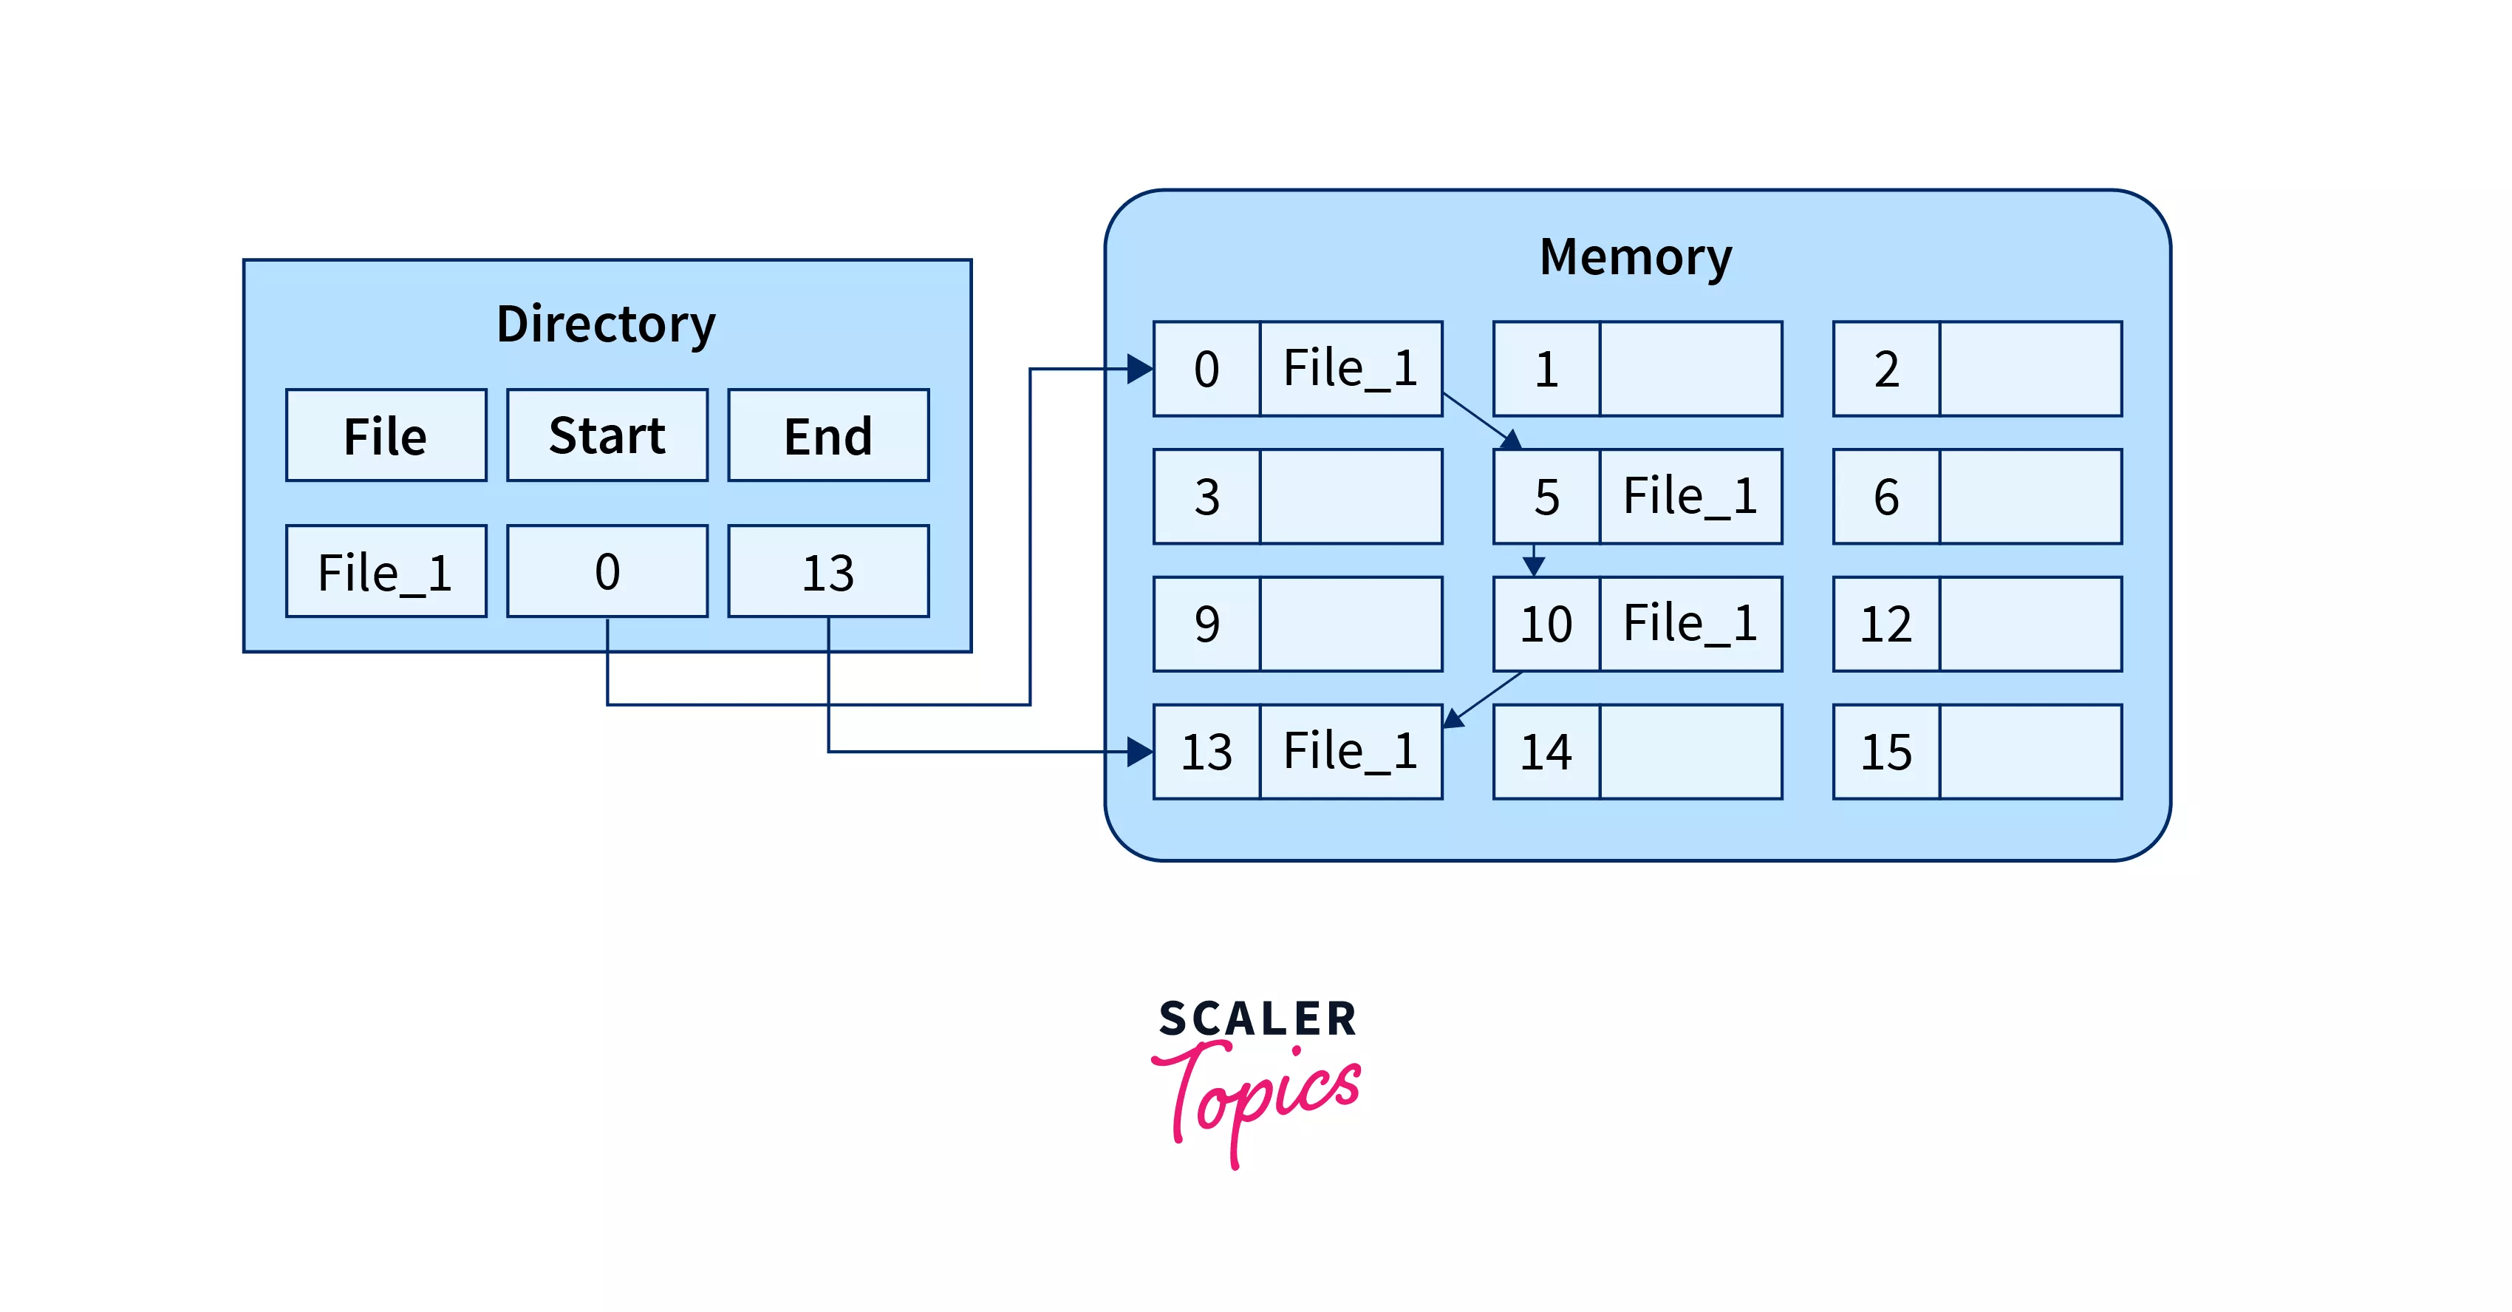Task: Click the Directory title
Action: pyautogui.click(x=606, y=324)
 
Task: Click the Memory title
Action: pyautogui.click(x=1635, y=256)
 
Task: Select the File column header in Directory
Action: pyautogui.click(x=386, y=435)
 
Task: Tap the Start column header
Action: pyautogui.click(x=607, y=435)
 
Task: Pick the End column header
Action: pyautogui.click(x=828, y=435)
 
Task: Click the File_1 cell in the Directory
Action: pyautogui.click(x=386, y=571)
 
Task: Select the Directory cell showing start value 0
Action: pyautogui.click(x=607, y=571)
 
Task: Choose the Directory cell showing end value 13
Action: pyautogui.click(x=828, y=571)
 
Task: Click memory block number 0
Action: pyautogui.click(x=1206, y=369)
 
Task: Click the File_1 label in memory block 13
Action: pyautogui.click(x=1351, y=751)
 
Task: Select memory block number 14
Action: pyautogui.click(x=1546, y=752)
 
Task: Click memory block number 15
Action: pyautogui.click(x=1886, y=752)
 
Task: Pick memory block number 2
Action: pyautogui.click(x=1886, y=369)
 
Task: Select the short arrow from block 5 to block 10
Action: pyautogui.click(x=1533, y=561)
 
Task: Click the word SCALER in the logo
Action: pyautogui.click(x=1257, y=1019)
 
